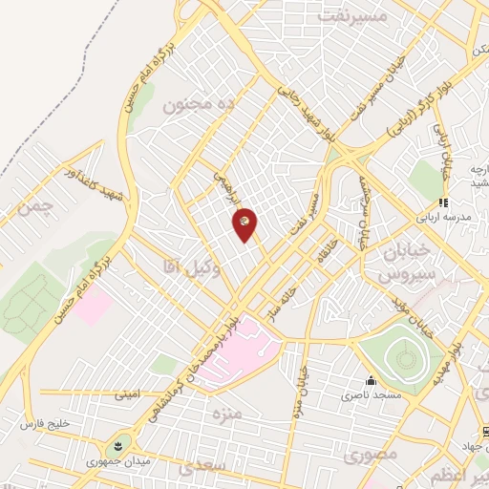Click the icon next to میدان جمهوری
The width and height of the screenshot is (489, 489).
point(117,444)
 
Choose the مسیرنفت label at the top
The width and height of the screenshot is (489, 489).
point(354,17)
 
